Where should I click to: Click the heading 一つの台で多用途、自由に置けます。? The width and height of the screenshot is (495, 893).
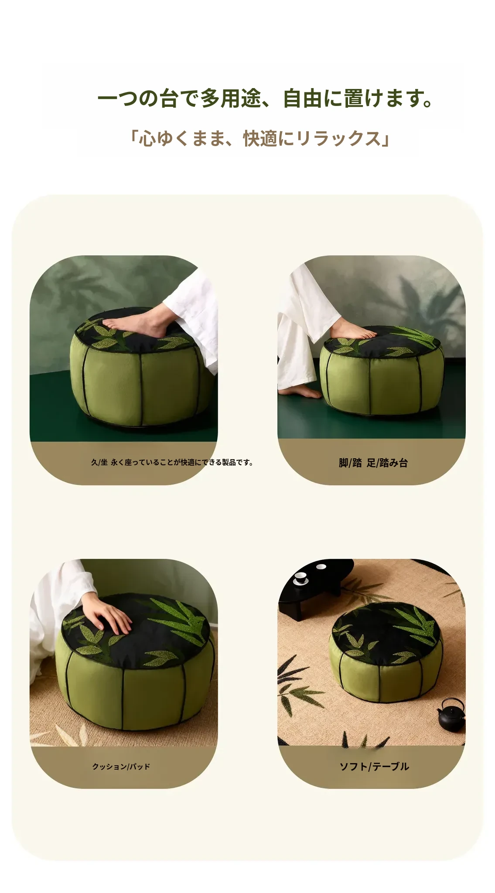(265, 98)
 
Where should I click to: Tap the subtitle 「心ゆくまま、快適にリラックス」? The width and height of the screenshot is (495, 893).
(259, 139)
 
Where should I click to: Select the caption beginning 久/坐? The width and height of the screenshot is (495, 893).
(172, 462)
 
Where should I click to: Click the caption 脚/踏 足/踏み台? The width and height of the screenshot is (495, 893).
(373, 463)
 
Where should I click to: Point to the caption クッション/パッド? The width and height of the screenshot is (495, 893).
(121, 766)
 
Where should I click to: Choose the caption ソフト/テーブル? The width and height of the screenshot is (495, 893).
(374, 766)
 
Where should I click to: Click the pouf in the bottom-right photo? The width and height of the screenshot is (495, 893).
(387, 653)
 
